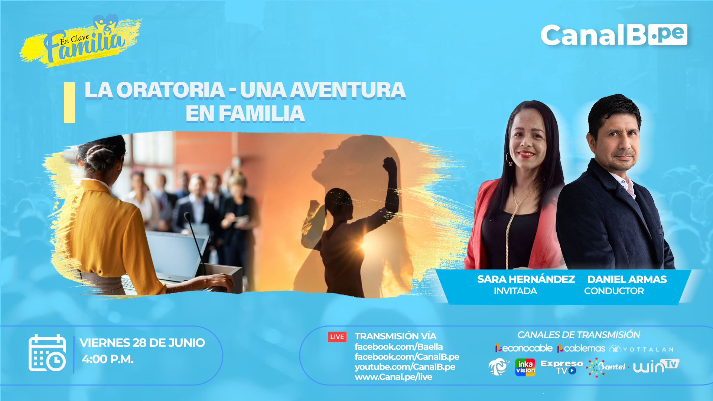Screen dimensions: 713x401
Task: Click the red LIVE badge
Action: [x=337, y=337]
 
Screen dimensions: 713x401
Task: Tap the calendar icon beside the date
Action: [x=47, y=353]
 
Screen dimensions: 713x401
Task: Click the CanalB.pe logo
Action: [x=614, y=35]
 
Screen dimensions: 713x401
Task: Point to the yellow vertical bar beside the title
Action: [x=69, y=102]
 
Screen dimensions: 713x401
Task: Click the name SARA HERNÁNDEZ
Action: [x=526, y=279]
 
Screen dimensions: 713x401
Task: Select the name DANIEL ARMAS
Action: [x=627, y=279]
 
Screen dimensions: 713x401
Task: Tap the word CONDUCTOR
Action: [x=614, y=291]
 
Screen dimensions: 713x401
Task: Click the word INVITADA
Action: [x=515, y=291]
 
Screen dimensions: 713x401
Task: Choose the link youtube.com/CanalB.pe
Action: [x=405, y=367]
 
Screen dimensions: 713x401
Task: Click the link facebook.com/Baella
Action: [x=398, y=347]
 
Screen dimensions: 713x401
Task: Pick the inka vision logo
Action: [x=525, y=367]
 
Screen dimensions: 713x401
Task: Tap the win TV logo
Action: [x=656, y=366]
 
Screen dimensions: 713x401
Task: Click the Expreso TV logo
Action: [x=561, y=367]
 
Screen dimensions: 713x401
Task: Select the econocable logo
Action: [x=524, y=348]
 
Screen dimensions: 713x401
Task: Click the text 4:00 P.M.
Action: [x=108, y=359]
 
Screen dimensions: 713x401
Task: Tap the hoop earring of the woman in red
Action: [x=508, y=159]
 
